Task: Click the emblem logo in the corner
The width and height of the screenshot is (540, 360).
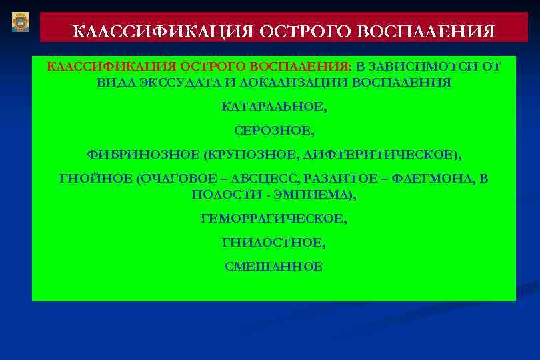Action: point(21,23)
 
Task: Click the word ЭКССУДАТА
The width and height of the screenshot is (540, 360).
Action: point(166,83)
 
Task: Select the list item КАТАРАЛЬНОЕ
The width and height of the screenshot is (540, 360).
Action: point(274,107)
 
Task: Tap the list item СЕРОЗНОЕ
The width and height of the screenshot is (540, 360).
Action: point(274,131)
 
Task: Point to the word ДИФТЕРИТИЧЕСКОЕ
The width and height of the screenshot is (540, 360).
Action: point(380,155)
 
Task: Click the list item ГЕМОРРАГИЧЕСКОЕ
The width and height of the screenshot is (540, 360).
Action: point(274,219)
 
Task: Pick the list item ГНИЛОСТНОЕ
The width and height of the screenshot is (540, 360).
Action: point(274,243)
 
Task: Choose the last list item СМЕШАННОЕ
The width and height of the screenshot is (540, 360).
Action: point(274,267)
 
